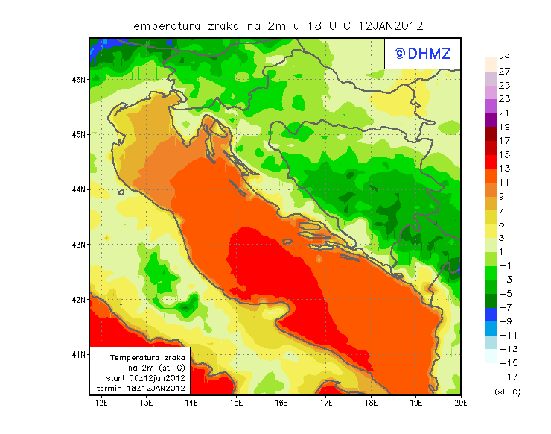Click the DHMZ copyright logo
click(x=421, y=54)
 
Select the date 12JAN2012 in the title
click(x=391, y=25)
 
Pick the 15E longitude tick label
click(x=236, y=403)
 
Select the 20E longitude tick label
click(x=461, y=403)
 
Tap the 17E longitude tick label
click(x=326, y=403)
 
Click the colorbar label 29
click(x=503, y=57)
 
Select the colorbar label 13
click(x=503, y=169)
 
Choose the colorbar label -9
click(x=505, y=321)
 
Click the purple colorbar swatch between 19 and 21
click(x=490, y=119)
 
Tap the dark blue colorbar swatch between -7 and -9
click(x=490, y=314)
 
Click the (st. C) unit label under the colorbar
click(x=507, y=391)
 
